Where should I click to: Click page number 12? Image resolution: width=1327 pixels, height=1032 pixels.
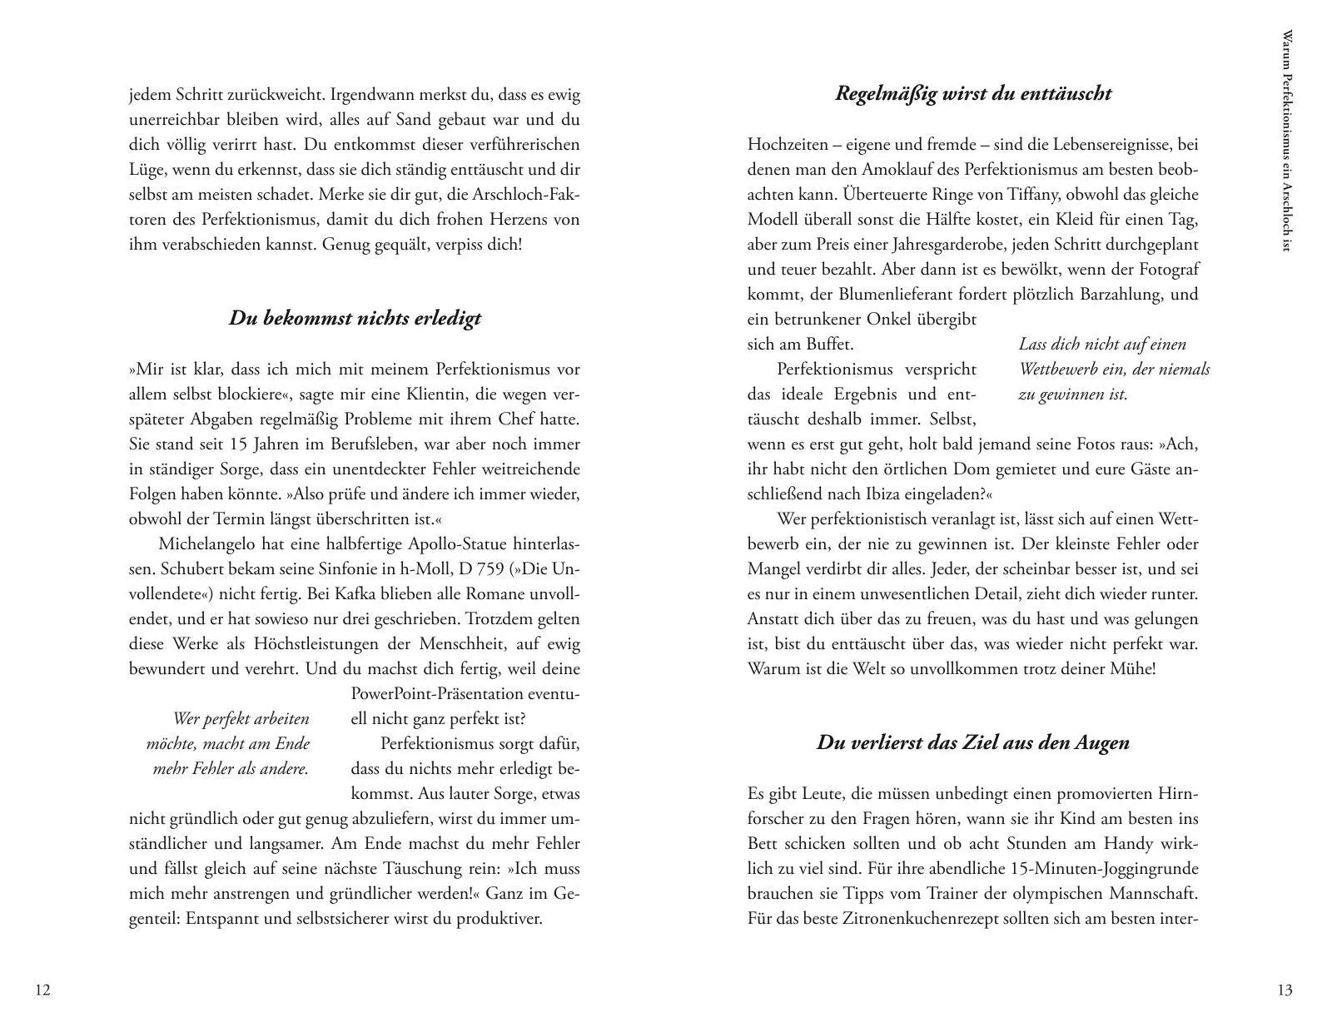pos(43,990)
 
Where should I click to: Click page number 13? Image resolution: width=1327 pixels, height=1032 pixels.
pos(1285,990)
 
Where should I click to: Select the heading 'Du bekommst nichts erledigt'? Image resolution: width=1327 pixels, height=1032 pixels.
pos(355,319)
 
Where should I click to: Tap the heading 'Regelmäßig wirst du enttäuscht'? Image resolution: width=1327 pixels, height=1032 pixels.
pos(973,93)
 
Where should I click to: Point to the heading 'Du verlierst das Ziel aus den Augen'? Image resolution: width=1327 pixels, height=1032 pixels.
pos(973,742)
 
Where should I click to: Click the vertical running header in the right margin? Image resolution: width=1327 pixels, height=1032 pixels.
pos(1287,141)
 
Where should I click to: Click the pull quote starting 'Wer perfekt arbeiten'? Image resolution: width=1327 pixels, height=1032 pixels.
pos(230,743)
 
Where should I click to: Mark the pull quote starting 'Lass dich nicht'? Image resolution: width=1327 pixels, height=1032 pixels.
pos(1114,369)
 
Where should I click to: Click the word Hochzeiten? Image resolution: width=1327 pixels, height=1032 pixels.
pos(787,145)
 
